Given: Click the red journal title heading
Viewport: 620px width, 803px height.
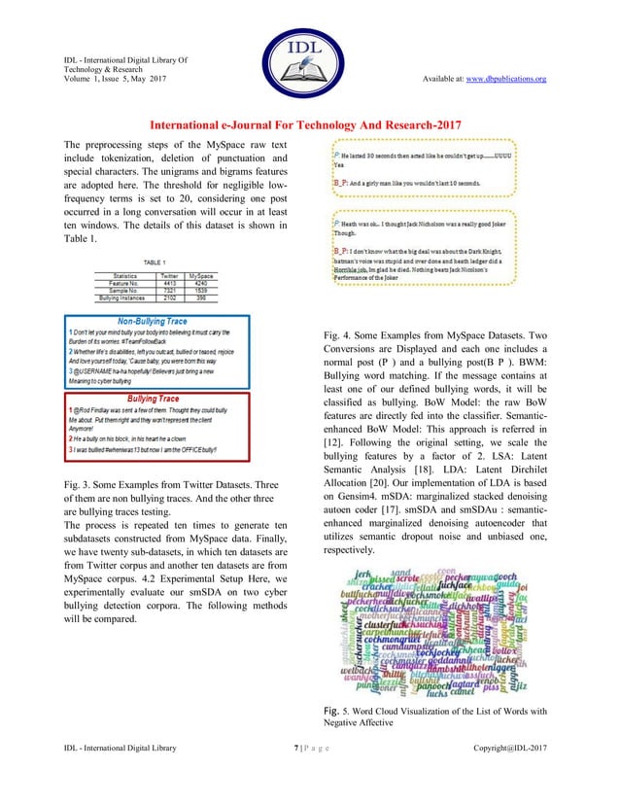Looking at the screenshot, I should [x=309, y=125].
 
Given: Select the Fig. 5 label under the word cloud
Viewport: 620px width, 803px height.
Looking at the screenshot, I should [x=334, y=712].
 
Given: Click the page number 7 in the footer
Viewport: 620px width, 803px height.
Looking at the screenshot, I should [x=295, y=773].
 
